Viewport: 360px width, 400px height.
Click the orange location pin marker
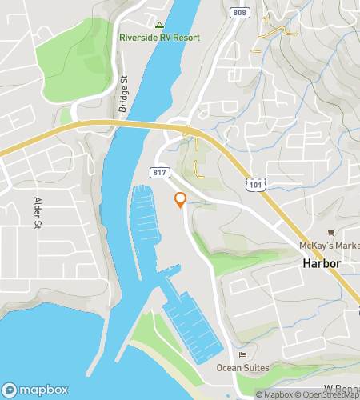pyautogui.click(x=180, y=200)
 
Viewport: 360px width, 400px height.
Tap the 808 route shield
pyautogui.click(x=239, y=12)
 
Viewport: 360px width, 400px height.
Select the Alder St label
pyautogui.click(x=38, y=213)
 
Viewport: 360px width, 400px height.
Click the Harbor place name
pyautogui.click(x=322, y=263)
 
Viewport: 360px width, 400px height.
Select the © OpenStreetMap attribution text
pyautogui.click(x=328, y=394)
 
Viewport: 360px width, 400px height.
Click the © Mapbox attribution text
pyautogui.click(x=275, y=394)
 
